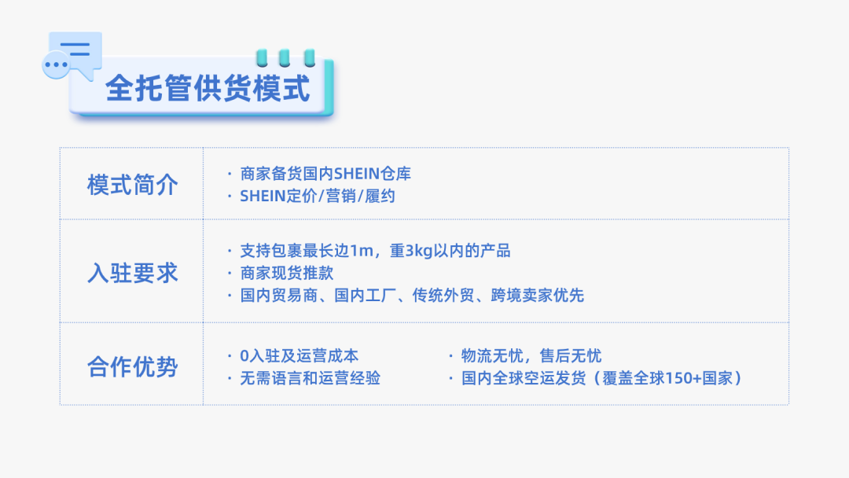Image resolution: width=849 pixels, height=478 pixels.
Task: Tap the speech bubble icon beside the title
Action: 72,53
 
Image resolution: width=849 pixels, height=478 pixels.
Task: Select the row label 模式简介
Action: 132,186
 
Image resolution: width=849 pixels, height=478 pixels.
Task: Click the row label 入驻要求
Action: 132,274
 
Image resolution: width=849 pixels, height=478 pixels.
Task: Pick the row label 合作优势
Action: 132,366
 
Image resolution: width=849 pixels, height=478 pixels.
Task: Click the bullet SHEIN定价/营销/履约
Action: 317,197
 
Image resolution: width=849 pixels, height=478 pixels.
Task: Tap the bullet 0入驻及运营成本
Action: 299,356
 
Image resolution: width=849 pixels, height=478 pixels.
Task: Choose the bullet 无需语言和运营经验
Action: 310,378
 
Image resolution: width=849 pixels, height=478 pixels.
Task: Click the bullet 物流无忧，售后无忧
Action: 531,356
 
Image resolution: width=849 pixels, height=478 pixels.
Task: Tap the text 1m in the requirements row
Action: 360,251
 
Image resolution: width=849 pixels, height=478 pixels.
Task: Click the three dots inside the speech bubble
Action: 56,64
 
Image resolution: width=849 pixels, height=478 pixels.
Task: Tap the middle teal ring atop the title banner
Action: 285,56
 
